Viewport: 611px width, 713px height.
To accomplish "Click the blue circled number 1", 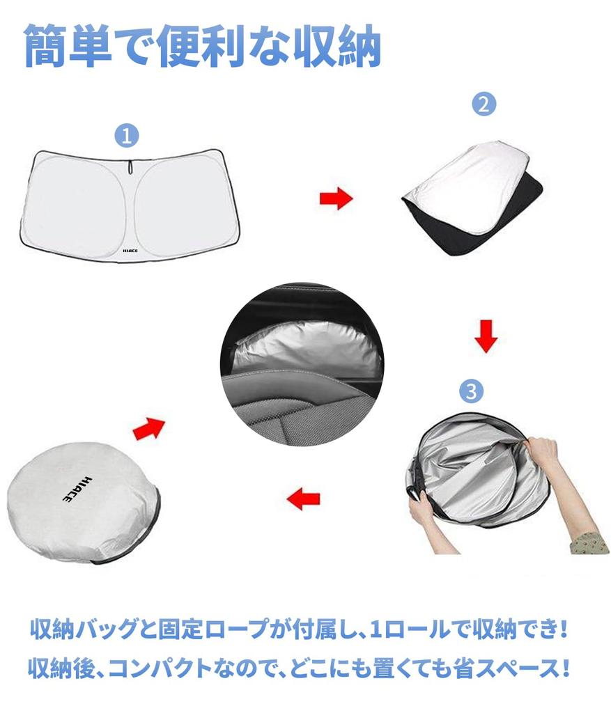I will pos(127,136).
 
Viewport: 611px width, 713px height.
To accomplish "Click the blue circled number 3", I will pos(472,391).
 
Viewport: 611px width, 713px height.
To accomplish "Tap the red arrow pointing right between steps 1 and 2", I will pos(336,199).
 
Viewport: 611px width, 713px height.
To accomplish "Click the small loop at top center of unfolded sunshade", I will pos(131,167).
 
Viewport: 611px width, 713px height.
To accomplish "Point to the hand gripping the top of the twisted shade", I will pos(540,453).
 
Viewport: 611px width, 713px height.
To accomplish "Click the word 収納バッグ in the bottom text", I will pos(83,631).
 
